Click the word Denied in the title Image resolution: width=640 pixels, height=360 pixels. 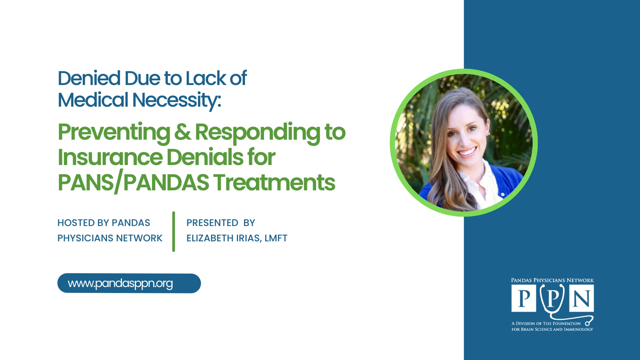tap(89, 78)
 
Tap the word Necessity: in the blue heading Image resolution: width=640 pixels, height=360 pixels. tap(177, 100)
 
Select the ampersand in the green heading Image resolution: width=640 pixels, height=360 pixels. tap(183, 132)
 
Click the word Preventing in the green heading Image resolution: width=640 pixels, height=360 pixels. tap(114, 133)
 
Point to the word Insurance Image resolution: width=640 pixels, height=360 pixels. tap(110, 157)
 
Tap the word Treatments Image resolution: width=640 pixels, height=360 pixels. tap(275, 183)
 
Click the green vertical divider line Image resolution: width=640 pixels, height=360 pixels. tap(174, 231)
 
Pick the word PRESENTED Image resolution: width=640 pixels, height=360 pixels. tap(212, 223)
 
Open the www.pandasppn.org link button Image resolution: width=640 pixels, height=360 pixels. tap(129, 283)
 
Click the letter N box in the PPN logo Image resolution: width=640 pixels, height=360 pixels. tap(582, 298)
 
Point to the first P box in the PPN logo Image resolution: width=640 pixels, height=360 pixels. tap(524, 298)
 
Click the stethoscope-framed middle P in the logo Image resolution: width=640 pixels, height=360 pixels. tap(553, 298)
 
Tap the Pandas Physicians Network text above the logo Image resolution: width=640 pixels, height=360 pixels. tap(553, 280)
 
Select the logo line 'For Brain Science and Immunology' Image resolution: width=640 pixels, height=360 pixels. tap(552, 329)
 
